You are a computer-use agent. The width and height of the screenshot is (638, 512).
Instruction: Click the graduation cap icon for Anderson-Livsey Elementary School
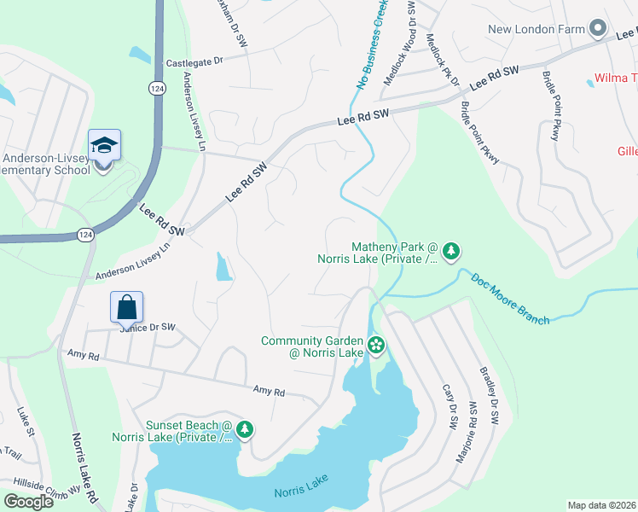(x=104, y=147)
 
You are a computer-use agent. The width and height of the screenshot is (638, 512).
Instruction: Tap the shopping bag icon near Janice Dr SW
(x=126, y=307)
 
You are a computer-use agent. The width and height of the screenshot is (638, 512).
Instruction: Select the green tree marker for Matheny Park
(x=452, y=251)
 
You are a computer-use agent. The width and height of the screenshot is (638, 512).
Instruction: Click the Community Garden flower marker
(x=376, y=345)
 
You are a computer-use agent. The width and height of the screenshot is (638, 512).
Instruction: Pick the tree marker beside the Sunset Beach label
(x=246, y=428)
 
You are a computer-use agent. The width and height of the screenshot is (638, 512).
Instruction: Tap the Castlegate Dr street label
(x=194, y=61)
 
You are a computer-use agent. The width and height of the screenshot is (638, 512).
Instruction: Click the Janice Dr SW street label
(x=147, y=327)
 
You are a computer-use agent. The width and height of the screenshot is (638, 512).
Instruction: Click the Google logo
(x=28, y=502)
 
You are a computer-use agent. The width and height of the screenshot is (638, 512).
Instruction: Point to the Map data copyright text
(x=600, y=505)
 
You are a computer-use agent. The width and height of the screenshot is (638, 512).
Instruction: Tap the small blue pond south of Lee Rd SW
(x=223, y=268)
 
